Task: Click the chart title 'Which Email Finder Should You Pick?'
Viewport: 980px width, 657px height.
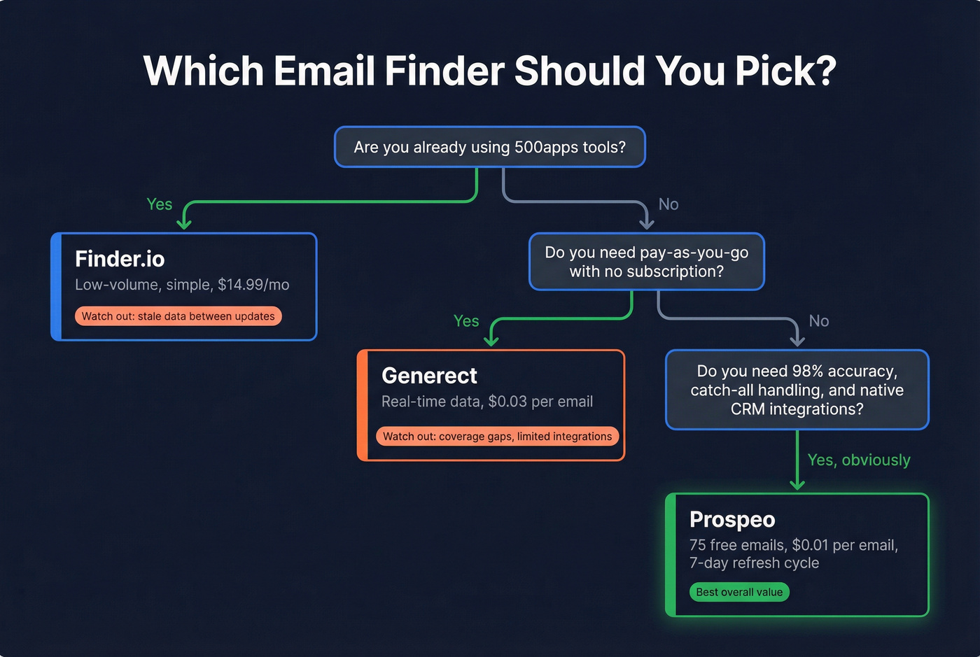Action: point(490,71)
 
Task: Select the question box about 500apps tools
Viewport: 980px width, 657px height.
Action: point(490,147)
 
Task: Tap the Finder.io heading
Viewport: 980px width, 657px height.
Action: point(120,259)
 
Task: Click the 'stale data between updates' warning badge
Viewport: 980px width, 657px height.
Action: point(178,316)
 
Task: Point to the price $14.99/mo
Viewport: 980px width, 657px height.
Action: point(253,285)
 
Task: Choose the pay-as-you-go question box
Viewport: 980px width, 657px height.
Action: point(646,262)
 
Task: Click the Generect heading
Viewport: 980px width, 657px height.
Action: point(429,376)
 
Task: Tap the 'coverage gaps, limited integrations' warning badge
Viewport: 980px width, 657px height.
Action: point(497,437)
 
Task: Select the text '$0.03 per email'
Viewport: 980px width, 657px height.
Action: point(540,402)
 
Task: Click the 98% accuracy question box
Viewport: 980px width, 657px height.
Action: point(797,390)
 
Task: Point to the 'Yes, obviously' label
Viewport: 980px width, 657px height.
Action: point(859,460)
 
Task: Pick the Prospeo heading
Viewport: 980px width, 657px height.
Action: point(732,520)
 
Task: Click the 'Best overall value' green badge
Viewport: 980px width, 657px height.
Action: point(739,593)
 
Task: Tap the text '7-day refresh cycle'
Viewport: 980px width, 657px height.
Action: point(754,563)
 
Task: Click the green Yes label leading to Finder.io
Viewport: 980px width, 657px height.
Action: point(160,204)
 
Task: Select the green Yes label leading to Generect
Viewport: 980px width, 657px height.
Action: point(466,321)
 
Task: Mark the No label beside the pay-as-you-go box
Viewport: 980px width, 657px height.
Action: point(668,204)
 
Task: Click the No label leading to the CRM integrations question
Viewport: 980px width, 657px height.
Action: point(819,321)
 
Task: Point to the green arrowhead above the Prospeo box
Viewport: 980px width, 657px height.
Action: point(797,484)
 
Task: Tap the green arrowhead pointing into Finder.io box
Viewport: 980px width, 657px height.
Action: point(184,223)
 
